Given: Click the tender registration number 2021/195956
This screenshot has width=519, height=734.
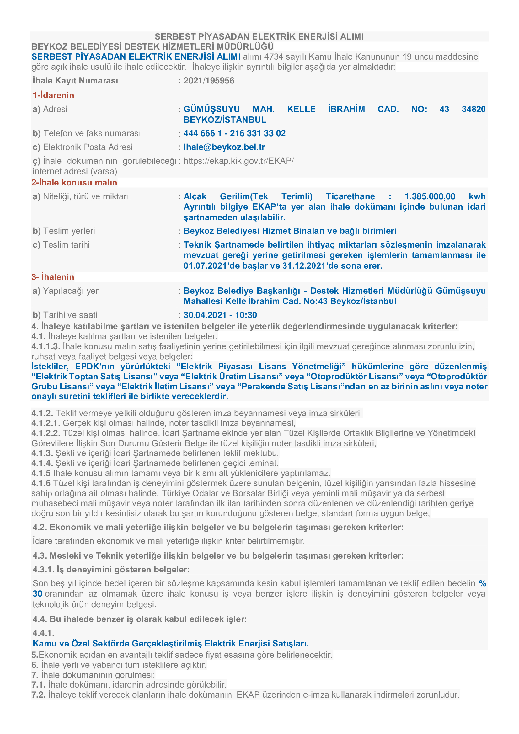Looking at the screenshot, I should click(x=209, y=81).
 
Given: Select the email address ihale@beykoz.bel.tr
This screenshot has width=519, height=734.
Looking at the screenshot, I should click(x=224, y=147).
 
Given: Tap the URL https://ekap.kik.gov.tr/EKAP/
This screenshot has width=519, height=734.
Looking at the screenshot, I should click(x=238, y=161).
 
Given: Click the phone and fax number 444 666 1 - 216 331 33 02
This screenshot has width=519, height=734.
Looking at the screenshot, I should click(x=234, y=133).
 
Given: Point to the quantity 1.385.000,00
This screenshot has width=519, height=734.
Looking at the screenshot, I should click(x=430, y=196).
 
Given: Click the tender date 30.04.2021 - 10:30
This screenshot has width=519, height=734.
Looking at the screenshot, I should click(x=220, y=315).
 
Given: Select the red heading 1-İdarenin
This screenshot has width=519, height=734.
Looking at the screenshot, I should click(x=53, y=95).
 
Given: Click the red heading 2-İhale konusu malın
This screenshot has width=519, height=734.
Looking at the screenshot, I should click(x=74, y=183).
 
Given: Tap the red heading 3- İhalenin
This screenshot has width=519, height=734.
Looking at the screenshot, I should click(x=53, y=277).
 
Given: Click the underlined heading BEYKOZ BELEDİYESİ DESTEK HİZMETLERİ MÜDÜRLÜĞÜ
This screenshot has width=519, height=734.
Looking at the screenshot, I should click(x=152, y=47).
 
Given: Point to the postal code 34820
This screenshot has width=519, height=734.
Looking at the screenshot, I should click(x=473, y=109).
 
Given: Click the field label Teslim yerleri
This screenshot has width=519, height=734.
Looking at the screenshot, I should click(x=69, y=231).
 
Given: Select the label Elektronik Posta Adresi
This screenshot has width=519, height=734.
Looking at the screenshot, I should click(x=88, y=147).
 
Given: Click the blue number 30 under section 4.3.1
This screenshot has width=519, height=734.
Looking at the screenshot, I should click(x=37, y=594).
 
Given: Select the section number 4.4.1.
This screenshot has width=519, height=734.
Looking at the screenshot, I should click(x=44, y=633).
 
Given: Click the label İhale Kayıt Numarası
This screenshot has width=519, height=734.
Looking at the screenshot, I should click(x=75, y=81).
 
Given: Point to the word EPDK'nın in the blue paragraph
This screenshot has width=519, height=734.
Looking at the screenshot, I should click(x=95, y=366).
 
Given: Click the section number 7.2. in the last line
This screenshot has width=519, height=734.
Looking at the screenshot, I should click(x=38, y=695).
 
